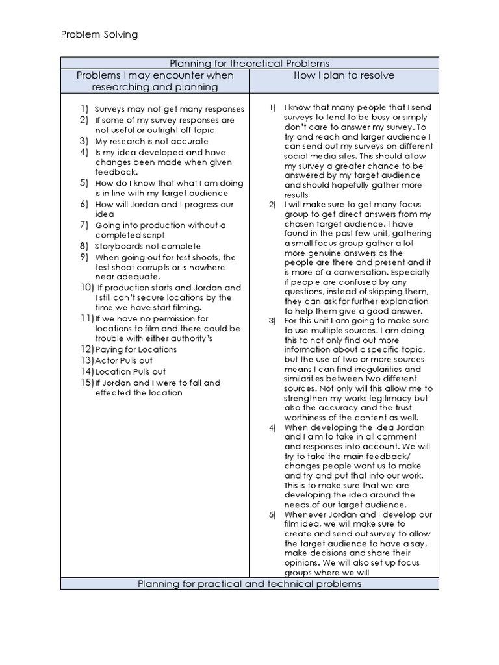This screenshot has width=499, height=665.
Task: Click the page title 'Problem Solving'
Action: pos(99,34)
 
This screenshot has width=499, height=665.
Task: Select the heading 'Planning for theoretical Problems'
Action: pos(249,63)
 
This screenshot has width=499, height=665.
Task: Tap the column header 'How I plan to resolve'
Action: pos(344,75)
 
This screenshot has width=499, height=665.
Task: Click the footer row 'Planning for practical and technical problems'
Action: pos(249,584)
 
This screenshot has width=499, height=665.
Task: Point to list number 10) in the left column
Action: pos(87,287)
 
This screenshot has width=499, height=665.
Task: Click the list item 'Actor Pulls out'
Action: pos(124,360)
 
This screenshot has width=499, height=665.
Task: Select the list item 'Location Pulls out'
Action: pos(130,371)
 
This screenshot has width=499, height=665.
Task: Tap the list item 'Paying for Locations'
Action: pos(136,349)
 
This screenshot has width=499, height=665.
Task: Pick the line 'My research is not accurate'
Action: pos(151,141)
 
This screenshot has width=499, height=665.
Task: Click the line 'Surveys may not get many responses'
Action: pos(169,109)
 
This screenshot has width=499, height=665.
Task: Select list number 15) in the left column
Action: pos(87,383)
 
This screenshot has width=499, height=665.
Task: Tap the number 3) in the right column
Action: pos(273,320)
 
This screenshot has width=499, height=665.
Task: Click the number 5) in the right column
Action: pos(273,514)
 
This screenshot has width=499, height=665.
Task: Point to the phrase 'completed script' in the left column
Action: pos(129,235)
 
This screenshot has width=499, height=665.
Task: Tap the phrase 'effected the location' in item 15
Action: pos(138,392)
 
